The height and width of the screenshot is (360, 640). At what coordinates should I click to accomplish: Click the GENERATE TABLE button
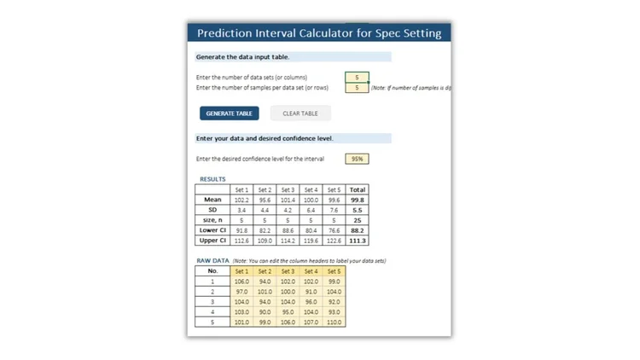[x=229, y=113]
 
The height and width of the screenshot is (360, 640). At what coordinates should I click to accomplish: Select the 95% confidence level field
[x=357, y=159]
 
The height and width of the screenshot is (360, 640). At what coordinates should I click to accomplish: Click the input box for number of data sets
[x=357, y=77]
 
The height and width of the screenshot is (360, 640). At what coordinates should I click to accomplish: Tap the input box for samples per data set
[x=357, y=87]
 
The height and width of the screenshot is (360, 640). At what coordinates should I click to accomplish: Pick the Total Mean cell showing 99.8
[x=358, y=200]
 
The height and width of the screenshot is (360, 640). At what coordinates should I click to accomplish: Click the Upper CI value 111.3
[x=358, y=241]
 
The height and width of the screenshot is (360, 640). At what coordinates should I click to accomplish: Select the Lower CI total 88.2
[x=358, y=230]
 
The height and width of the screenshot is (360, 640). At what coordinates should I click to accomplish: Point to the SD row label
[x=212, y=210]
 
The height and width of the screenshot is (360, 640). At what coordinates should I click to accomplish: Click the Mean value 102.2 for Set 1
[x=241, y=200]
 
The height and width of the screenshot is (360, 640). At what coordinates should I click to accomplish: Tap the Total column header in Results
[x=358, y=189]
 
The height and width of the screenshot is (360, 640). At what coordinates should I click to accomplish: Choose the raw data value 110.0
[x=334, y=322]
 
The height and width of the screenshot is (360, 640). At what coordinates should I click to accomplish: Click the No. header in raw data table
[x=212, y=270]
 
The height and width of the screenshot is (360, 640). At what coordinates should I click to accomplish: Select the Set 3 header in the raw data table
[x=288, y=270]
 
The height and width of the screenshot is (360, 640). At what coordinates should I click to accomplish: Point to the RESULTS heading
[x=212, y=179]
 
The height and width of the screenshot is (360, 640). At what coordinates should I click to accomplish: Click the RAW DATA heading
[x=214, y=260]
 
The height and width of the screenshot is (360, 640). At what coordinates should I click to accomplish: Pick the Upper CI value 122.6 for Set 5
[x=334, y=241]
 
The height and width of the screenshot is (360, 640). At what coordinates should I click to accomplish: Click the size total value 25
[x=358, y=220]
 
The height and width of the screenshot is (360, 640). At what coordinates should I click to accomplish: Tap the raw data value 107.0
[x=311, y=322]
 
